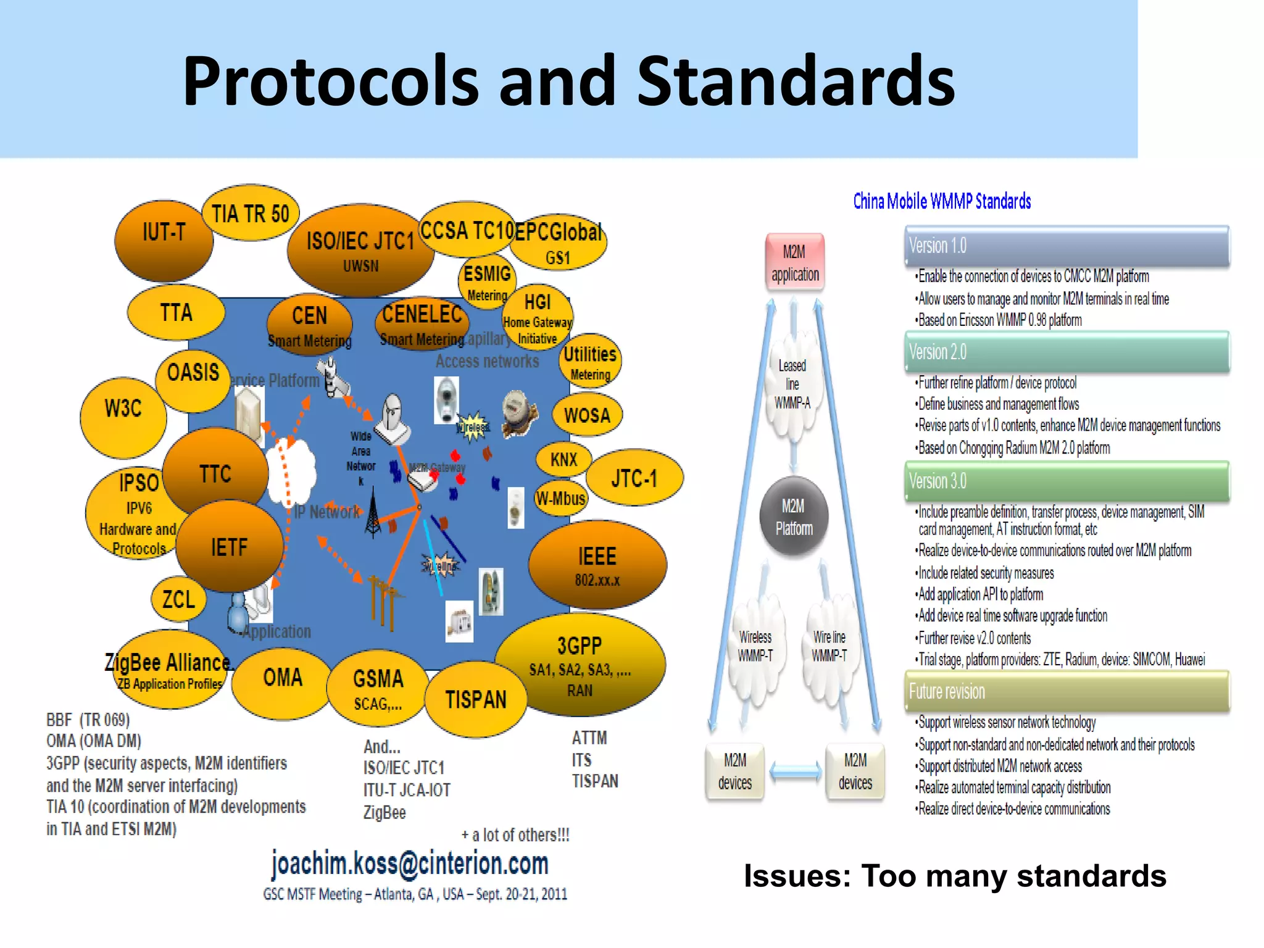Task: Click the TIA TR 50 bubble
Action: tap(250, 214)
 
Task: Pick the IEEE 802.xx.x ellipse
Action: tap(597, 565)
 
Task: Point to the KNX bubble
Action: tap(563, 459)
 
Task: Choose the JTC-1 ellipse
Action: tap(634, 478)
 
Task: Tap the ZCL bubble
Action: tap(178, 599)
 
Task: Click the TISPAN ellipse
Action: tap(476, 700)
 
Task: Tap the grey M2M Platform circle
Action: tap(794, 517)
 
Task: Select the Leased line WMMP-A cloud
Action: tap(792, 385)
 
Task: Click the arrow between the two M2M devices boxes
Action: tap(795, 771)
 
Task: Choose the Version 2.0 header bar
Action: tap(1066, 352)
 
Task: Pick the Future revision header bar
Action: tap(1066, 692)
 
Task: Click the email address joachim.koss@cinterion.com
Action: tap(410, 863)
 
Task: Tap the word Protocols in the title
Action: tap(330, 81)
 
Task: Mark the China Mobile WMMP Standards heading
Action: tap(942, 201)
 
